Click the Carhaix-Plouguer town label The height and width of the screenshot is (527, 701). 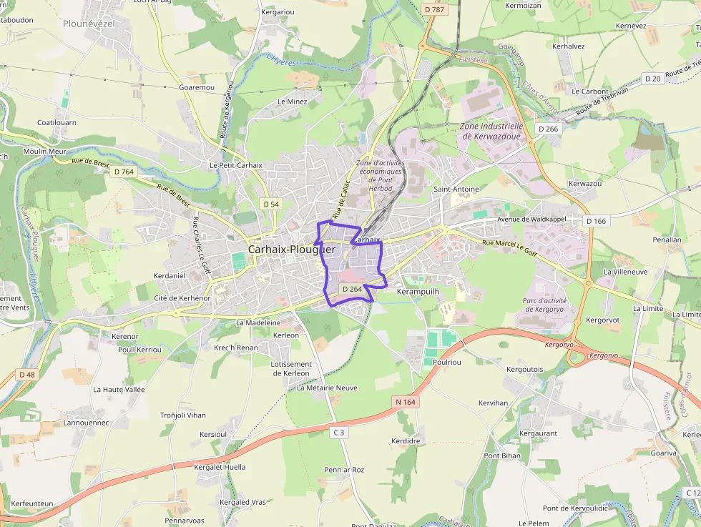[x=291, y=250]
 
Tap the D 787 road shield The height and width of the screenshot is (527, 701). [x=433, y=9]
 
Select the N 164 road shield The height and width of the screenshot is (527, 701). [x=405, y=403]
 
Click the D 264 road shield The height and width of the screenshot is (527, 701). [x=351, y=289]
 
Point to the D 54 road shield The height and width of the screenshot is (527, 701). [x=271, y=205]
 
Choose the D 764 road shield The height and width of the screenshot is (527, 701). [x=123, y=172]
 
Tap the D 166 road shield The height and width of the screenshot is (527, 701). [x=596, y=221]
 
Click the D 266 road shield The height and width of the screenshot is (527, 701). [x=548, y=129]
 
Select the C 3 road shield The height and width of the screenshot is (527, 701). [x=338, y=433]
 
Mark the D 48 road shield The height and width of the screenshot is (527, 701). [x=26, y=375]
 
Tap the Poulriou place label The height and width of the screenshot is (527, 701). [x=447, y=363]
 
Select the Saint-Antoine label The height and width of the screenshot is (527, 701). [x=456, y=189]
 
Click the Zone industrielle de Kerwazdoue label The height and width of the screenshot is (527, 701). [x=491, y=131]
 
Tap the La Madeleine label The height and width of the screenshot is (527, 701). [x=258, y=322]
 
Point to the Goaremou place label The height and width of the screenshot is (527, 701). [x=197, y=87]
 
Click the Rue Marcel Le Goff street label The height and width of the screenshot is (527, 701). [x=509, y=247]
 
